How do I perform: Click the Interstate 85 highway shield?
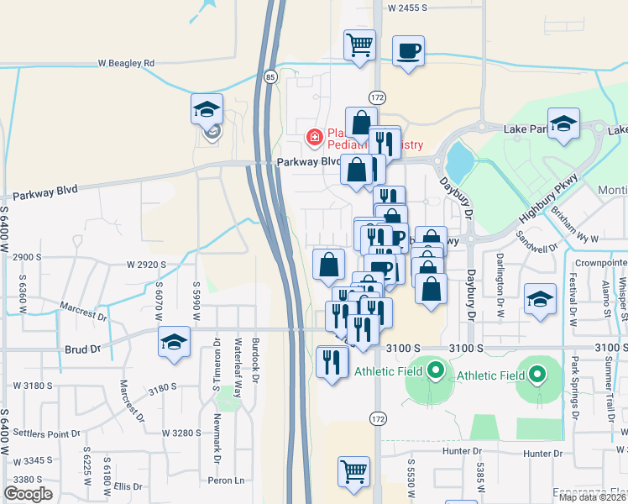pyautogui.click(x=270, y=77)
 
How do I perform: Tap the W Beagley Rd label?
pyautogui.click(x=126, y=63)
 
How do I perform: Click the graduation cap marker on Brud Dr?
pyautogui.click(x=175, y=343)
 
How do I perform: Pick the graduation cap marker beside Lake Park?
pyautogui.click(x=564, y=124)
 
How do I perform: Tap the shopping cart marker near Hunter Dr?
pyautogui.click(x=354, y=471)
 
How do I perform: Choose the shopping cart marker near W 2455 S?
pyautogui.click(x=360, y=45)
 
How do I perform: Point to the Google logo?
pyautogui.click(x=28, y=494)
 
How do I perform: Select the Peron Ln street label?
pyautogui.click(x=228, y=480)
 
